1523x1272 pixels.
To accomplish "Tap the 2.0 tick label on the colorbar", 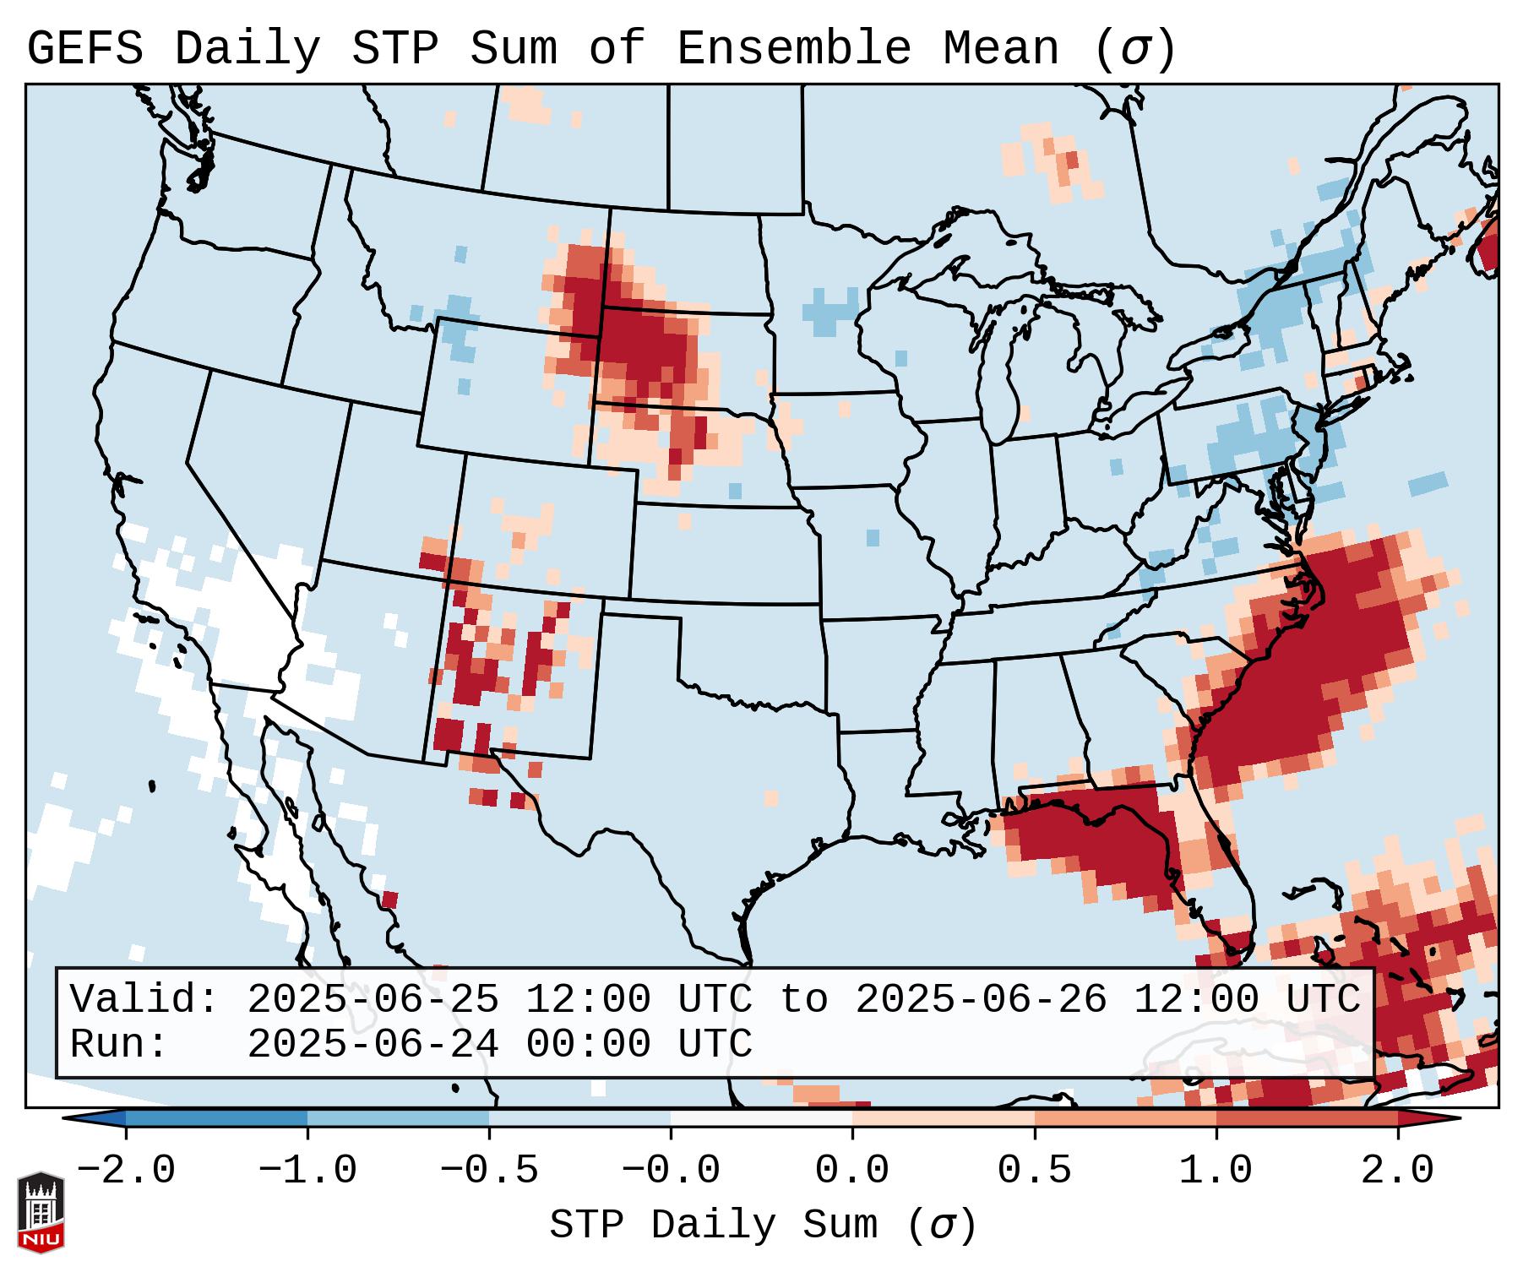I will [1397, 1171].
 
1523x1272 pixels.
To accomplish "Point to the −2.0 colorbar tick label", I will [126, 1171].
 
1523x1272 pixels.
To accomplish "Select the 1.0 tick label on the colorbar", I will [1216, 1171].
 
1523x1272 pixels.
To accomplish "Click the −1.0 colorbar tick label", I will [307, 1171].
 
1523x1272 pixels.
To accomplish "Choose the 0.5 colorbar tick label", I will [1034, 1171].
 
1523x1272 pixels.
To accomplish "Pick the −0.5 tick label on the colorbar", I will [489, 1171].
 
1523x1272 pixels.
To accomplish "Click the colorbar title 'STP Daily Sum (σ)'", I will [763, 1226].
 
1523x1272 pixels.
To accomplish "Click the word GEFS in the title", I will [84, 49].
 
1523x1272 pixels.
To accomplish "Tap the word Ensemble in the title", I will [794, 49].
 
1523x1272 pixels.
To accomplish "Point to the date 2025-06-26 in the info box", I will [981, 1000].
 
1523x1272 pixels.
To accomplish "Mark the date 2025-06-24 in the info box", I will [373, 1045].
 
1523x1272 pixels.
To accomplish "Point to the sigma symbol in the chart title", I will [1134, 49].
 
